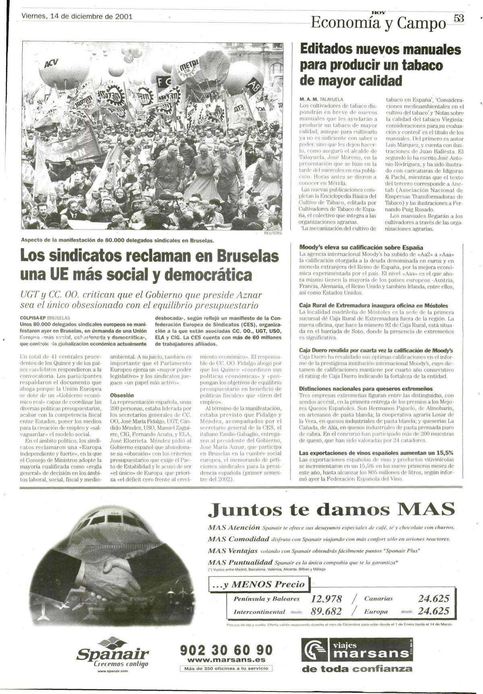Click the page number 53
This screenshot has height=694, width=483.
(x=459, y=18)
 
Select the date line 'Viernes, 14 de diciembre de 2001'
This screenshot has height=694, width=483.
(x=77, y=17)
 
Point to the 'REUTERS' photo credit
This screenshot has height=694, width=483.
(x=272, y=233)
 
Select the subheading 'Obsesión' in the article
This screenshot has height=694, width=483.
(x=122, y=395)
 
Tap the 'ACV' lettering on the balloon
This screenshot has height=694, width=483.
(x=51, y=64)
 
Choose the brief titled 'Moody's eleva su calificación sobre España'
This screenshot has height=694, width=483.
(x=361, y=248)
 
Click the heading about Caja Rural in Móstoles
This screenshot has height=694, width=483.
(x=374, y=306)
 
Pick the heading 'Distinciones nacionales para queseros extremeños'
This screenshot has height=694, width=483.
(x=366, y=389)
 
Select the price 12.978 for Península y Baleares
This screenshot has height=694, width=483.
(x=326, y=599)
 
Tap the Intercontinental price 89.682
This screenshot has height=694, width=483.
(x=326, y=612)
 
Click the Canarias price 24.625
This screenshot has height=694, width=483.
(x=433, y=599)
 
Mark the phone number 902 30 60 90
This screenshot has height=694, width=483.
(x=226, y=650)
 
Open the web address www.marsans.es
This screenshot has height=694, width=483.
(x=226, y=660)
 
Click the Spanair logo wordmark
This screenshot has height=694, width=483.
(x=112, y=654)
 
